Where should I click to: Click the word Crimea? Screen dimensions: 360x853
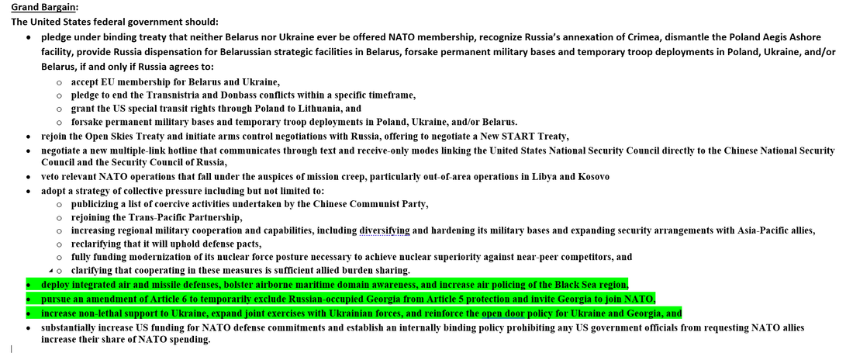tap(581, 37)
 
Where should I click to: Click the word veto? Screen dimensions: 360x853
tap(52, 177)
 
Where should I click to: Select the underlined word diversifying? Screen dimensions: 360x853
tap(385, 230)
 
